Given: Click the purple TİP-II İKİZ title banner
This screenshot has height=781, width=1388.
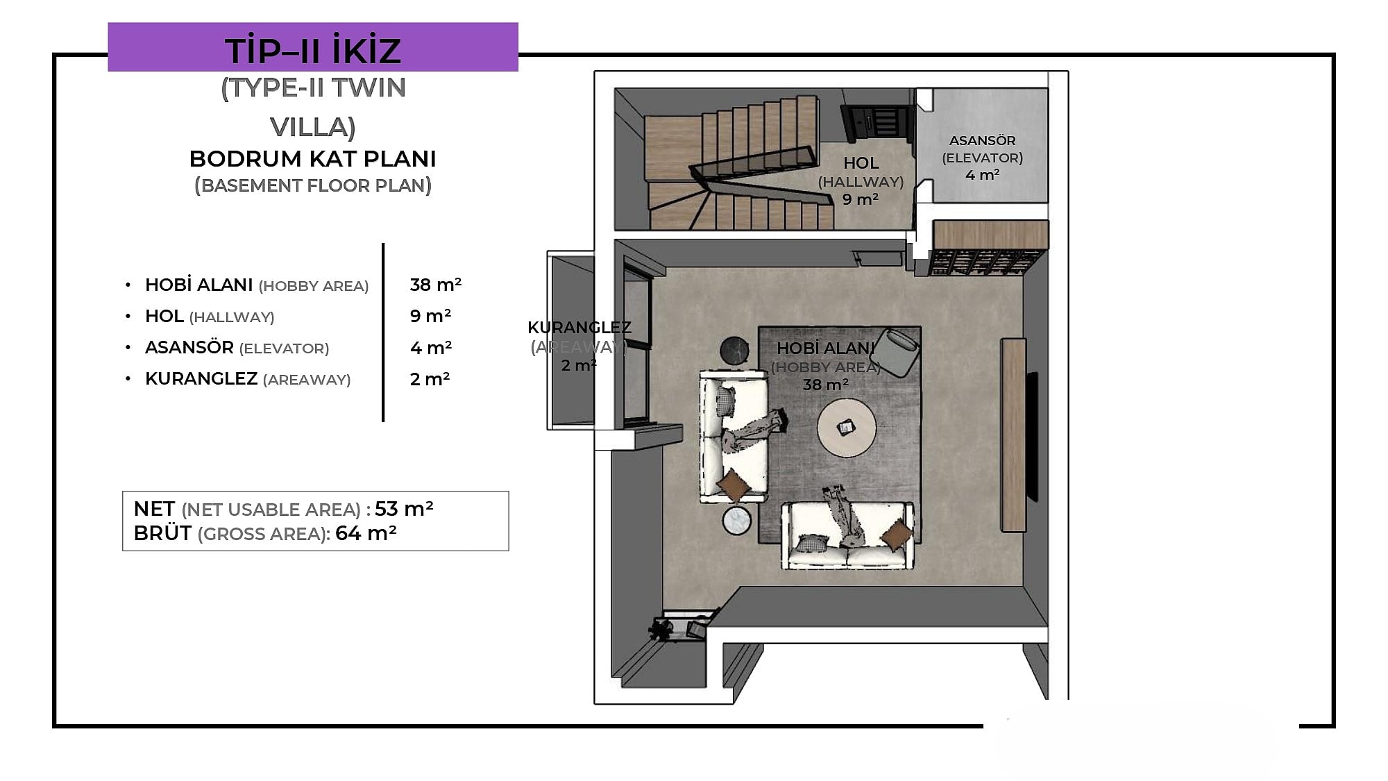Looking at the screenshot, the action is pyautogui.click(x=313, y=47).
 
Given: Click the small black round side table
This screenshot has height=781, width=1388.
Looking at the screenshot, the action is pyautogui.click(x=734, y=351).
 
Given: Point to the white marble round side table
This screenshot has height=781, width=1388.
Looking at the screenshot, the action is pyautogui.click(x=737, y=521).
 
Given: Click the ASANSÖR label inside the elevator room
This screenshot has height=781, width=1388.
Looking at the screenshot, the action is pyautogui.click(x=982, y=140).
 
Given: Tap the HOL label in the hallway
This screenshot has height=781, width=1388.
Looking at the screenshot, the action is pyautogui.click(x=861, y=163).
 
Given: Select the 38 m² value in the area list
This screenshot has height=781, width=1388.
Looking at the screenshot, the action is pyautogui.click(x=436, y=285).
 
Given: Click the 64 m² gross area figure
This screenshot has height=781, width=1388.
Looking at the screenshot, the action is pyautogui.click(x=366, y=533).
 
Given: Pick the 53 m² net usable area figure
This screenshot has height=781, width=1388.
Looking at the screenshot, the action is pyautogui.click(x=404, y=509).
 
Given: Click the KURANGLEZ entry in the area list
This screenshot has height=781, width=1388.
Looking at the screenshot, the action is pyautogui.click(x=201, y=379).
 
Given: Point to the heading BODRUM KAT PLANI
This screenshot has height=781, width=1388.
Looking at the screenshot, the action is pyautogui.click(x=313, y=159).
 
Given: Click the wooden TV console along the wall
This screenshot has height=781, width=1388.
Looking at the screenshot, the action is pyautogui.click(x=1014, y=435).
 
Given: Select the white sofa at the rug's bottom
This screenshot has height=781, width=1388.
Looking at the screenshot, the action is pyautogui.click(x=847, y=535).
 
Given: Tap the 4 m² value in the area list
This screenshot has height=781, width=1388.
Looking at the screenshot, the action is pyautogui.click(x=431, y=348).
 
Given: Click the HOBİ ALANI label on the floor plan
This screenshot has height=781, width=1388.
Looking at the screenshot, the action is pyautogui.click(x=825, y=348).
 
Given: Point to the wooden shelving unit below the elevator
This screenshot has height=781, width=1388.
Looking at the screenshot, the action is pyautogui.click(x=990, y=248).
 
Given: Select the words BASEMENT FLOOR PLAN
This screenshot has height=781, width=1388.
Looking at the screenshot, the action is pyautogui.click(x=313, y=186).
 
